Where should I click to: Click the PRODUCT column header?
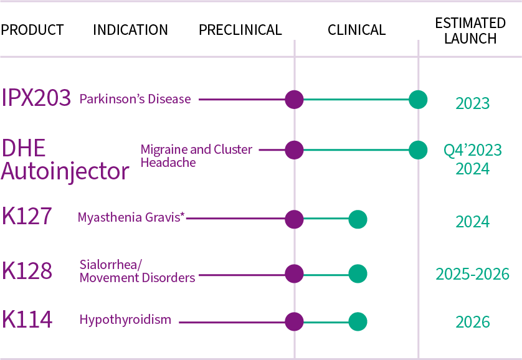tap(32, 30)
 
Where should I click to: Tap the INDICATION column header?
tap(130, 30)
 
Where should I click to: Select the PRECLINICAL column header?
tap(240, 30)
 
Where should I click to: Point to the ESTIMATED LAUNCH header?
tap(470, 31)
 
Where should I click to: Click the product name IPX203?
tap(36, 98)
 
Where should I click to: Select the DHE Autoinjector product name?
tap(65, 160)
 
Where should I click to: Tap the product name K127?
tap(27, 218)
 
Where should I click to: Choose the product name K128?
tap(27, 272)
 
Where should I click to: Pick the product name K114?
tap(27, 320)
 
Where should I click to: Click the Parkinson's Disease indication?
tap(135, 99)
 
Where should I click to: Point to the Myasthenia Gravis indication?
tap(131, 217)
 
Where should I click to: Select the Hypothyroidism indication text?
tap(125, 320)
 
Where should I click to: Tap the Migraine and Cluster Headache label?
tap(196, 156)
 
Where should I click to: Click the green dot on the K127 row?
tap(358, 219)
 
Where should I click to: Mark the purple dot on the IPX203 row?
tap(294, 99)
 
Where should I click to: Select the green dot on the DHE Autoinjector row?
tap(417, 149)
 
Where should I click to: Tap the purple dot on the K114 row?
tap(294, 321)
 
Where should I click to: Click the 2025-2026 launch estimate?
tap(472, 274)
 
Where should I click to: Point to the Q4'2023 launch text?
tap(472, 151)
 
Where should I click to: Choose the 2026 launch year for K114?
tap(472, 322)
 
